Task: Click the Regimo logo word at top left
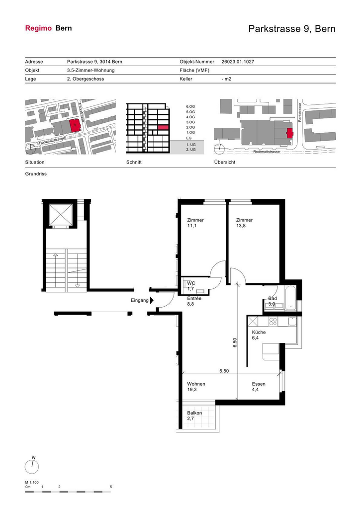click(x=38, y=28)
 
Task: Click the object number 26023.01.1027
click(x=238, y=62)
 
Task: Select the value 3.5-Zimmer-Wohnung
click(x=90, y=70)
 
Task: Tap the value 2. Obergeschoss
click(x=86, y=79)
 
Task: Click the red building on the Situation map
click(x=75, y=125)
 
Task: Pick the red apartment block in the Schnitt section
click(x=163, y=127)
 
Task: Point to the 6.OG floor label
click(x=190, y=106)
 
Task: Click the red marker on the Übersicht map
click(x=289, y=133)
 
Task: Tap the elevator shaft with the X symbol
click(x=60, y=214)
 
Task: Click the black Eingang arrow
click(x=152, y=301)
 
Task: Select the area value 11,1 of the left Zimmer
click(x=191, y=226)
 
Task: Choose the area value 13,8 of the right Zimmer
click(x=241, y=226)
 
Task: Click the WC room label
click(x=191, y=283)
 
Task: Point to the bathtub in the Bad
click(x=291, y=298)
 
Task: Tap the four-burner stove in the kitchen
click(x=273, y=322)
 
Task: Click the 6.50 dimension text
click(x=235, y=342)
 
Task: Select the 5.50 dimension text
click(x=224, y=371)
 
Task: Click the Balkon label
click(x=194, y=413)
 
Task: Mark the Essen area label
click(x=259, y=384)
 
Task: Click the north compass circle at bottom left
click(x=32, y=467)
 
